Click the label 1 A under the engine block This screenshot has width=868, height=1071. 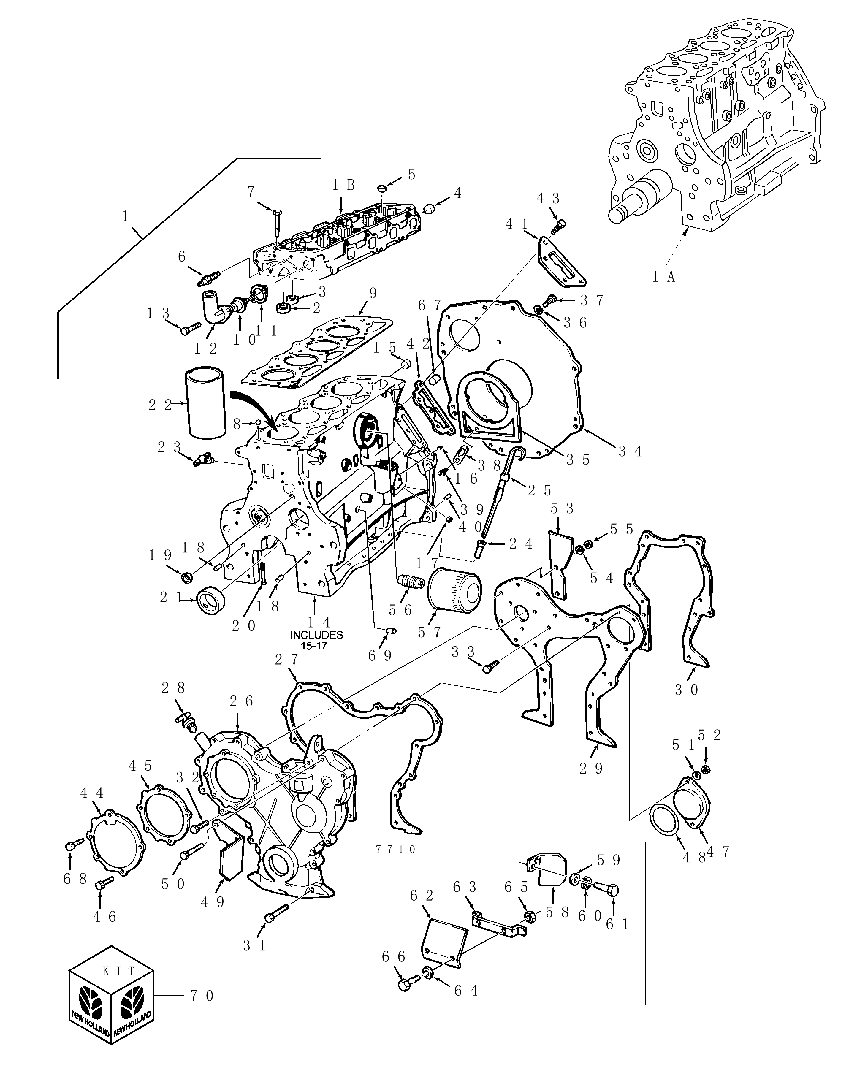coord(663,276)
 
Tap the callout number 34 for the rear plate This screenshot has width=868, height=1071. coord(630,451)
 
